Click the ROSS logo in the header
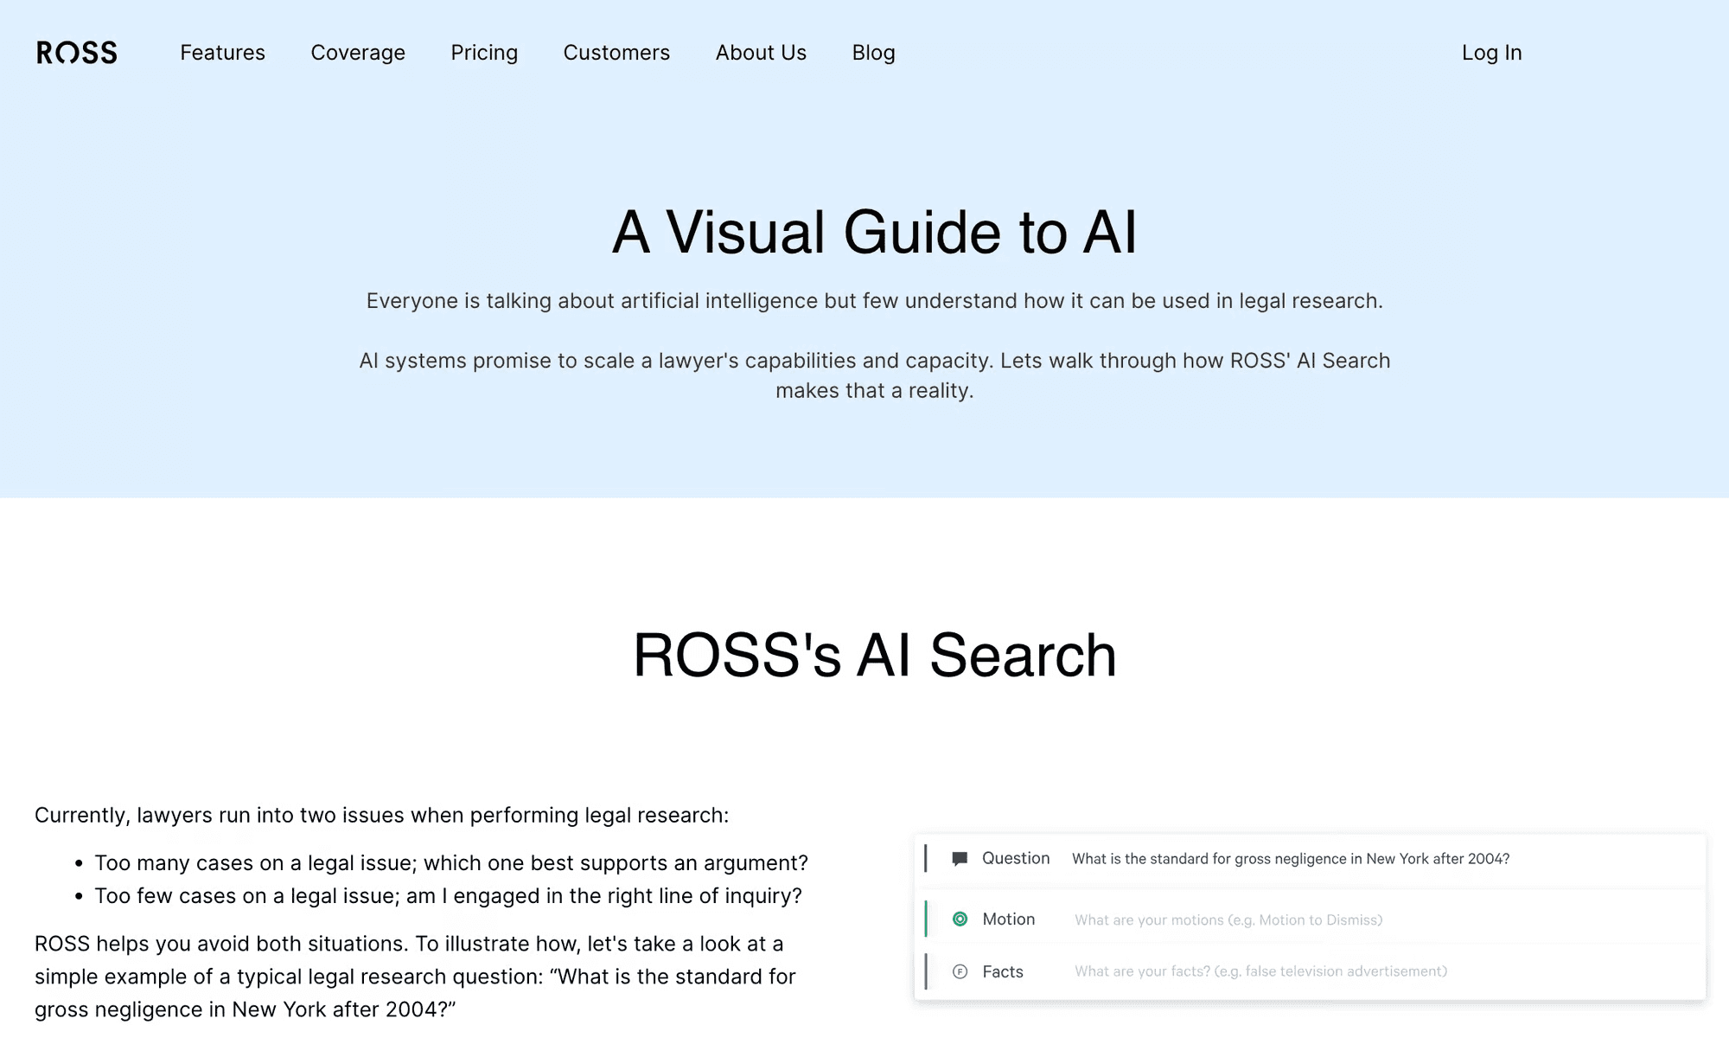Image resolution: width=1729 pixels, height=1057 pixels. pyautogui.click(x=77, y=53)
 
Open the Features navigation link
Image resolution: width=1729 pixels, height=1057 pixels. pyautogui.click(x=222, y=53)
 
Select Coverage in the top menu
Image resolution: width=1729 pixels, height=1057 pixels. pyautogui.click(x=358, y=53)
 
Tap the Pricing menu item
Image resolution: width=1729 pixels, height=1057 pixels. pyautogui.click(x=484, y=53)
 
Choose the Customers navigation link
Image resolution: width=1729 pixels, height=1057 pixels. pyautogui.click(x=616, y=53)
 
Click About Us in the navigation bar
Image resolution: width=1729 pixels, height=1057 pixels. pyautogui.click(x=761, y=53)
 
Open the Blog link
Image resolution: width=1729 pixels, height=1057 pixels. pyautogui.click(x=873, y=53)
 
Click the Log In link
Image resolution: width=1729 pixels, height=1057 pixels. pyautogui.click(x=1491, y=53)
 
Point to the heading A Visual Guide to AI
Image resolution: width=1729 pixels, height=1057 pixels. pyautogui.click(x=874, y=232)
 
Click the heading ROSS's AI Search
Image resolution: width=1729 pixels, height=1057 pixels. pyautogui.click(x=875, y=655)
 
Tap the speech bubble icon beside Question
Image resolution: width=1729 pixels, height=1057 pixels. pyautogui.click(x=960, y=859)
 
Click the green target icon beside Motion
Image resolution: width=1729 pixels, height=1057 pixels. pyautogui.click(x=960, y=919)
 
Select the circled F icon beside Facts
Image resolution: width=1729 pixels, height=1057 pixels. pyautogui.click(x=960, y=971)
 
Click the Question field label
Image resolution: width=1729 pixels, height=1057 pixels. pyautogui.click(x=1016, y=858)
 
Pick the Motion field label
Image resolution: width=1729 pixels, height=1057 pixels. pyautogui.click(x=1009, y=919)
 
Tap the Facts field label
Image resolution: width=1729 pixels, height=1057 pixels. pyautogui.click(x=1003, y=971)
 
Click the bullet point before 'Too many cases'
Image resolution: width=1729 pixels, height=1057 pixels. pyautogui.click(x=79, y=863)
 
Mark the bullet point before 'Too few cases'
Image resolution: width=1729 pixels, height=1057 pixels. pyautogui.click(x=79, y=896)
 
